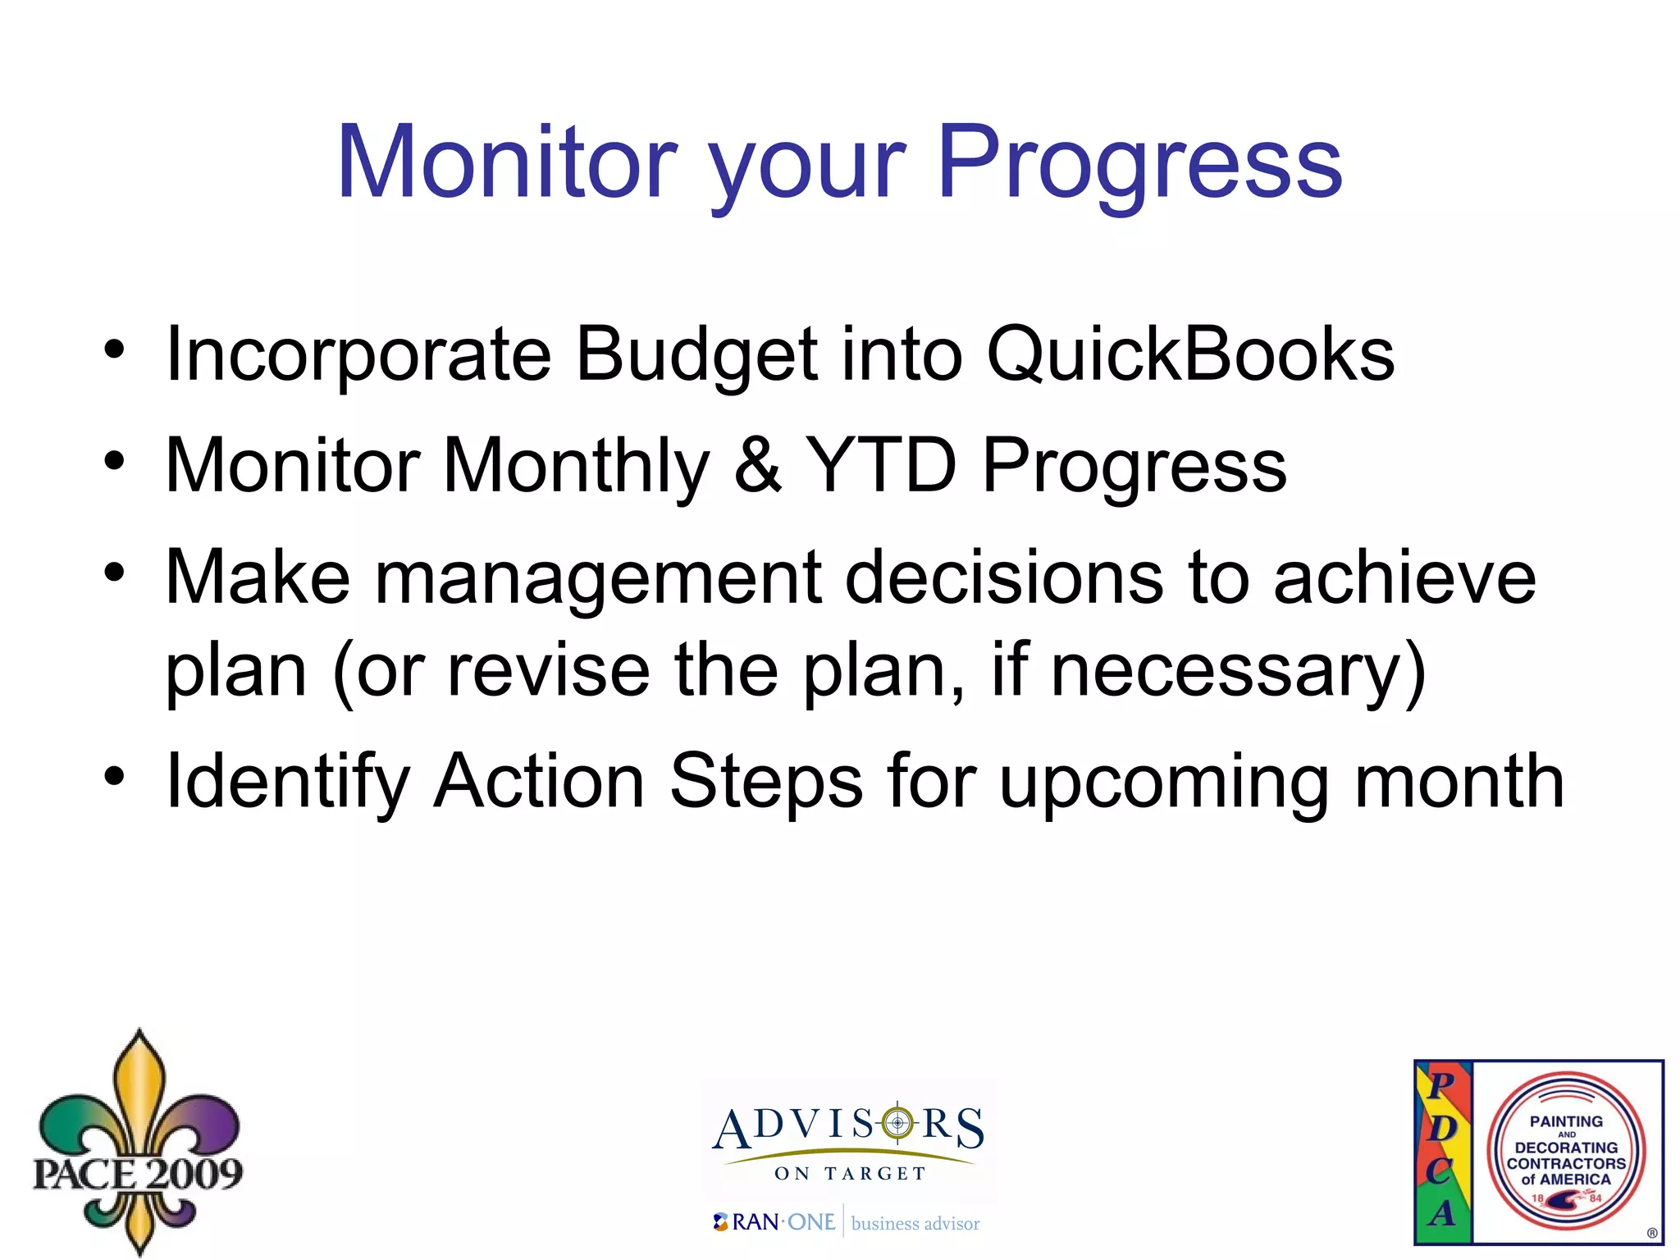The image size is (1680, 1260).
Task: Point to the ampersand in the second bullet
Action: point(756,466)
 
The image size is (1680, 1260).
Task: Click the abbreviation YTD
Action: point(881,466)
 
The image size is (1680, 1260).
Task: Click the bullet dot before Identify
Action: point(115,775)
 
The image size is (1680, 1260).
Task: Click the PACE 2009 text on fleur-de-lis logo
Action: point(138,1173)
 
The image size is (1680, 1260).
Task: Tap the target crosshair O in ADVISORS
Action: point(897,1123)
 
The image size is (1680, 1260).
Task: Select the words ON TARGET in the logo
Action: point(850,1174)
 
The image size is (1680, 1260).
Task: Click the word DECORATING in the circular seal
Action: point(1565,1148)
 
